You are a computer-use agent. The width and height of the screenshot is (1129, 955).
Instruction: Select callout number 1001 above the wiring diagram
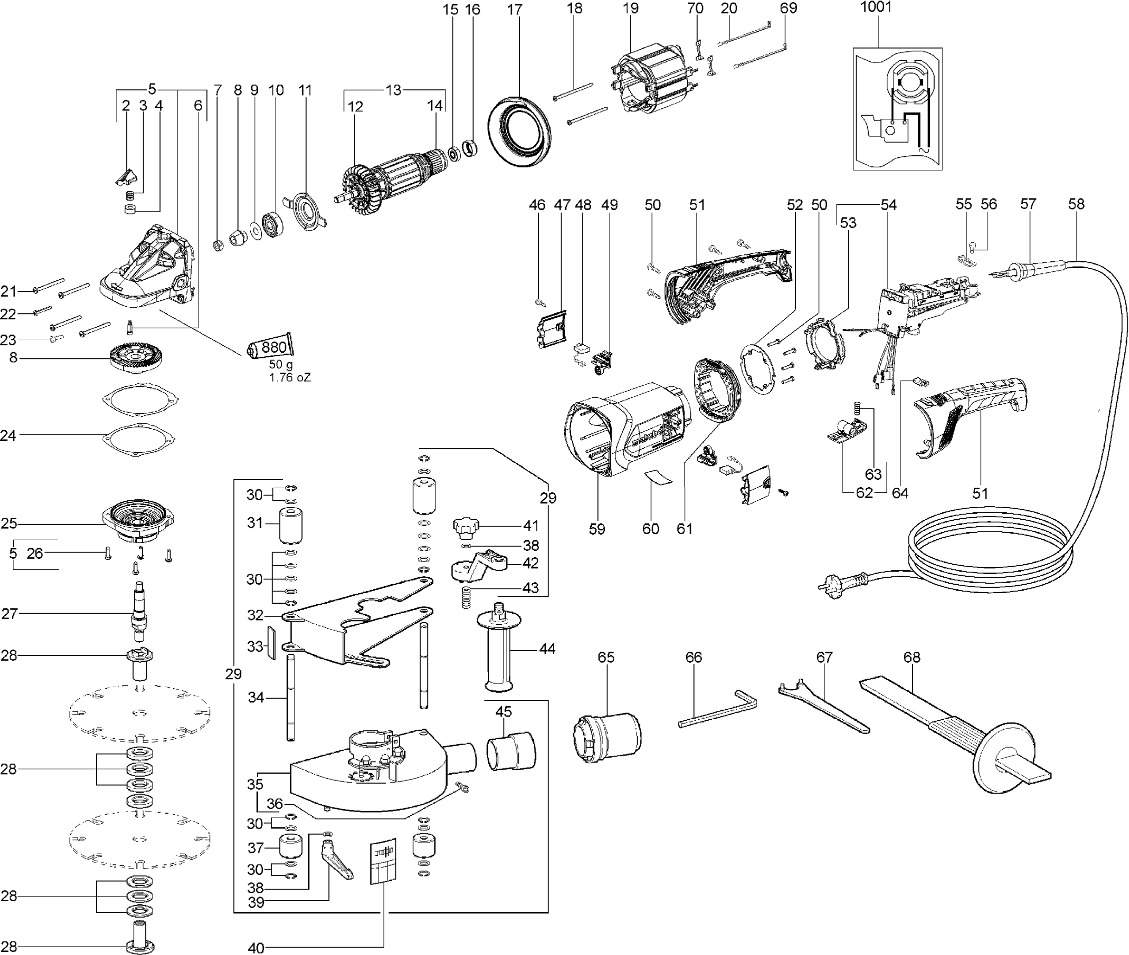click(x=875, y=7)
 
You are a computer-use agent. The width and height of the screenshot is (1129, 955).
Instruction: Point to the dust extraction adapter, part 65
click(x=607, y=735)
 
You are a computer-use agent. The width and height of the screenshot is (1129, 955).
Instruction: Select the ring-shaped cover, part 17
click(x=519, y=132)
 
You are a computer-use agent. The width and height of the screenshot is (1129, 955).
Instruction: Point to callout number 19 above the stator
click(x=630, y=8)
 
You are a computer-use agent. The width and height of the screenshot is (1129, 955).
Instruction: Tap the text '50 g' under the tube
click(x=280, y=365)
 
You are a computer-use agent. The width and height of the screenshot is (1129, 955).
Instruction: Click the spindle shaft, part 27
click(x=139, y=611)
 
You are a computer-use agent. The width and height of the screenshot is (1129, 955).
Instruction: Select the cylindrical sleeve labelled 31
click(x=291, y=526)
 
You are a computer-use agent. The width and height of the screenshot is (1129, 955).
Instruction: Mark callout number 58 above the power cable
click(x=1076, y=203)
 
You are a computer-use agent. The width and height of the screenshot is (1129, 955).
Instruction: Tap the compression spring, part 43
click(x=466, y=597)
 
